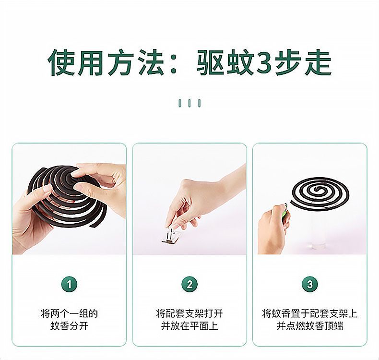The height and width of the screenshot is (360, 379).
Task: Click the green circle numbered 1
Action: (69, 284)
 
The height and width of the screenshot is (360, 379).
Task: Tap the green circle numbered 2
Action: (189, 284)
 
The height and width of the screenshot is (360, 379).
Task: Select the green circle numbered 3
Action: (310, 284)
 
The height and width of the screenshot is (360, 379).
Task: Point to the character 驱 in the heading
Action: (210, 62)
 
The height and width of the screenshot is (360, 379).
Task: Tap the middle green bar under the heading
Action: (189, 103)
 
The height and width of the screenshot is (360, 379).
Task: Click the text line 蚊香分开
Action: (69, 326)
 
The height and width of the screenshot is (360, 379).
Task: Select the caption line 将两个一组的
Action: (69, 313)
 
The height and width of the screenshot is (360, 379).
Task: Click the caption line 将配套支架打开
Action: (189, 313)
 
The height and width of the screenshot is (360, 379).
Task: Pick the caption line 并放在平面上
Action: (189, 326)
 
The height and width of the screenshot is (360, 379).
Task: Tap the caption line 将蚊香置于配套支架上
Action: (310, 313)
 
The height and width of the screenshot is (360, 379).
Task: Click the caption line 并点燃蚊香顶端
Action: (310, 326)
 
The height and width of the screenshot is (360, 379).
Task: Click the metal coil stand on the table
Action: (170, 236)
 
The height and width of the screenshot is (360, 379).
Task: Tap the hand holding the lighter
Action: (272, 230)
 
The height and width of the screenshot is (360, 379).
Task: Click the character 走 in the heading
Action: (318, 62)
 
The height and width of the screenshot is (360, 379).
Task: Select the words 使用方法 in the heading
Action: (106, 62)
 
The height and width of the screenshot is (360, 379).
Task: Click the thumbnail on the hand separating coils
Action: (46, 189)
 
